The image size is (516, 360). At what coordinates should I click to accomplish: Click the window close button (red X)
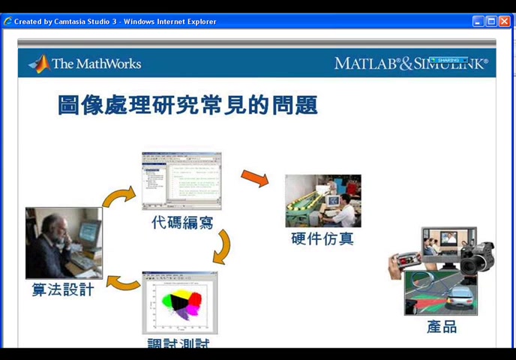505,21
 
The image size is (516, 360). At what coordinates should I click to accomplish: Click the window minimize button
478,21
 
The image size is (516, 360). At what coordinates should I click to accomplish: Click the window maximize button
491,21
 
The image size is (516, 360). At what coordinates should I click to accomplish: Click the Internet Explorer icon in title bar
7,22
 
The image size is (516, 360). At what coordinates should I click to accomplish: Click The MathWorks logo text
96,64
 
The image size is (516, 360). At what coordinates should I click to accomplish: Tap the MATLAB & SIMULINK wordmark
411,64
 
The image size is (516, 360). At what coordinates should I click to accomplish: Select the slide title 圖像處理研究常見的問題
187,105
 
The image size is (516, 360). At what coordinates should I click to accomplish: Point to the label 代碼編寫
181,222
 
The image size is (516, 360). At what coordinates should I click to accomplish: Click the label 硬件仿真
322,239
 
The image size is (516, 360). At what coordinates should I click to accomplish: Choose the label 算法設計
63,289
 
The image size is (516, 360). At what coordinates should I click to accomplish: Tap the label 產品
441,326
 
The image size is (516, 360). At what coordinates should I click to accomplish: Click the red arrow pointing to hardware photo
254,178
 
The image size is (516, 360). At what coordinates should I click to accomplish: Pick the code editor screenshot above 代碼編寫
181,181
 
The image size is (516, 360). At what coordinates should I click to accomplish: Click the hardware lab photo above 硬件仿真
322,201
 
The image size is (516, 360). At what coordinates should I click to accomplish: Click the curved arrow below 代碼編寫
222,247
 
